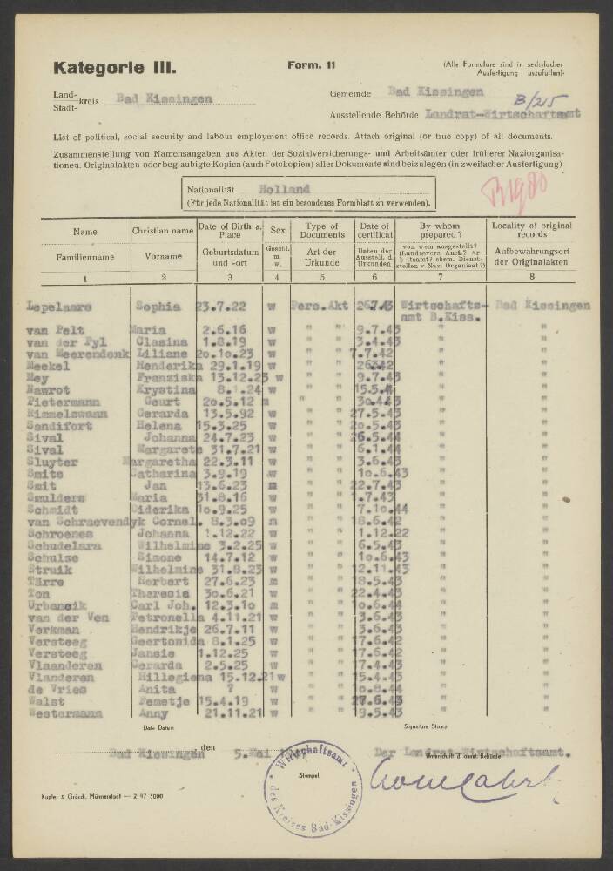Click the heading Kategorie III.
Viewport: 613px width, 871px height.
click(115, 66)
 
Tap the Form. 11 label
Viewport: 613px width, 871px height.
click(311, 65)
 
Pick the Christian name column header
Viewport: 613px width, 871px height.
click(163, 232)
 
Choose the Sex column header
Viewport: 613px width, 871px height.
click(278, 232)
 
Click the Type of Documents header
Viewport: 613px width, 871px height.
click(321, 232)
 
